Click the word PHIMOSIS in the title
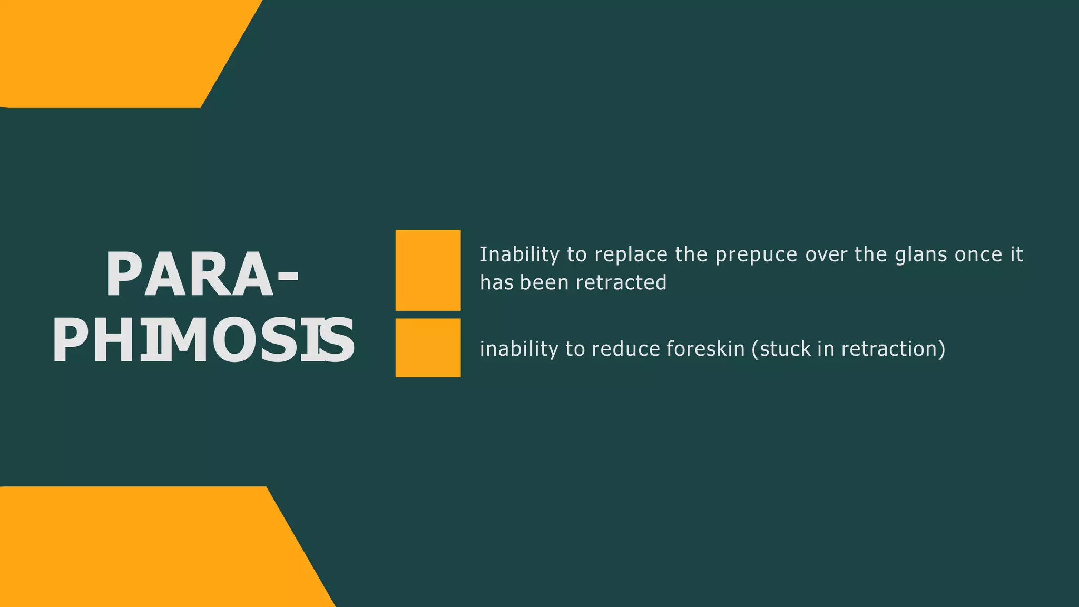203,341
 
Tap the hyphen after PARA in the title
287,276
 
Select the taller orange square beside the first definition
428,270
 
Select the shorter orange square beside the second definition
428,348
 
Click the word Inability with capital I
519,255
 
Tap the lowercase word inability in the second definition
519,349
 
